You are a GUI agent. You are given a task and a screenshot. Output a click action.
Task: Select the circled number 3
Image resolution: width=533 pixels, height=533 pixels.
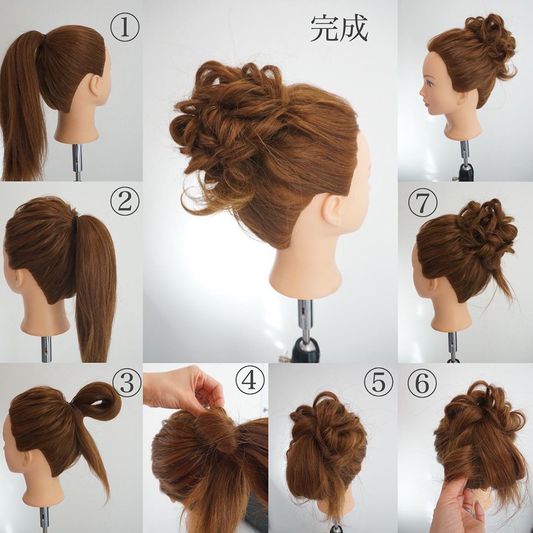tap(126, 383)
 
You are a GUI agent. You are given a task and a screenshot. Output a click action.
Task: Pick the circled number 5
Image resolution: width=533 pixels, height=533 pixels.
tap(378, 382)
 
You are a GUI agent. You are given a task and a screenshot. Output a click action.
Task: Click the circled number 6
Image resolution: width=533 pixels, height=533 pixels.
tap(422, 382)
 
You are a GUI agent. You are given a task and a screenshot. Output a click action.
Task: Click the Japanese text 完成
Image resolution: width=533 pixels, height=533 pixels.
tap(339, 29)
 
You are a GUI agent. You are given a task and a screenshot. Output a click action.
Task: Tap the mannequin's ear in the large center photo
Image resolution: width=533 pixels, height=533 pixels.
tap(333, 209)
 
